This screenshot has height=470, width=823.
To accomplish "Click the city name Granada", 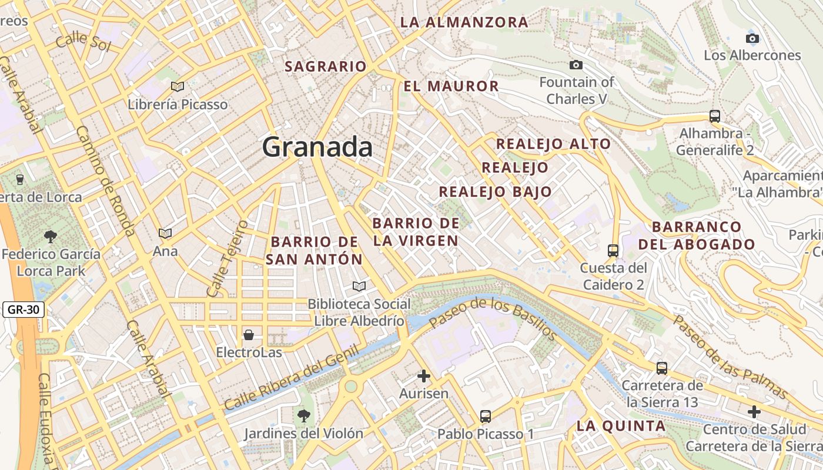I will coord(317,147).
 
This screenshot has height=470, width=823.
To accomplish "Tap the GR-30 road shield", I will coord(24,310).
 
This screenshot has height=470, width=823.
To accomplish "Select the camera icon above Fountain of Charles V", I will coord(576,65).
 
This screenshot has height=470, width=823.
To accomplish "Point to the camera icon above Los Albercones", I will coord(752,39).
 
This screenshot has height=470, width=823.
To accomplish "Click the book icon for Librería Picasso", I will coord(177,87).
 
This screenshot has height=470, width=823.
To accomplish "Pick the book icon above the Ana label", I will coord(165,234).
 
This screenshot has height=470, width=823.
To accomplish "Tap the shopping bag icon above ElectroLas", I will coord(249,335).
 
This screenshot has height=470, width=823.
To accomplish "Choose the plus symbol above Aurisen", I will coord(423,376).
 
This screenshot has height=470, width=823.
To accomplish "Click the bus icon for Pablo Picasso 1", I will coord(485,417).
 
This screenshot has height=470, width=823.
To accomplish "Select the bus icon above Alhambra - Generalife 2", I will coord(715,116).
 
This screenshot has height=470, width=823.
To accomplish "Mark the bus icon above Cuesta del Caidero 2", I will coord(613,251).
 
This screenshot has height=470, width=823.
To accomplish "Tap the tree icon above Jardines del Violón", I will coord(303,416).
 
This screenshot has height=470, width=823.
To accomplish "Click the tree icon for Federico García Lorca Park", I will coord(51,237).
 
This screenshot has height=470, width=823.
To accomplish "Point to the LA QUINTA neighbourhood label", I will coord(621,426).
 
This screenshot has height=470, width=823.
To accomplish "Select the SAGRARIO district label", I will coord(326,66).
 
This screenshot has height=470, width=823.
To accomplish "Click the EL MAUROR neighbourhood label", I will coord(451,86).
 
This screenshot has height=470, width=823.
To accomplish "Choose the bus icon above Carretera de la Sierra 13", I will coord(662,368).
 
